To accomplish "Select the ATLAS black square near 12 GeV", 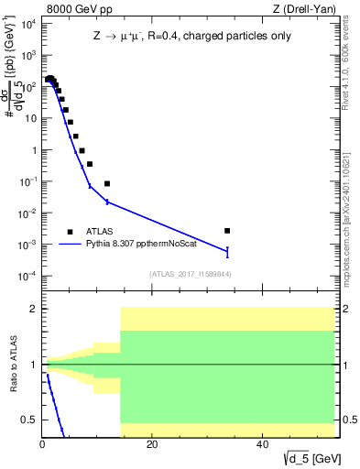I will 107,183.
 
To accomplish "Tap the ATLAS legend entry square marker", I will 70,232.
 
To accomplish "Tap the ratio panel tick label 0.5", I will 28,420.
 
